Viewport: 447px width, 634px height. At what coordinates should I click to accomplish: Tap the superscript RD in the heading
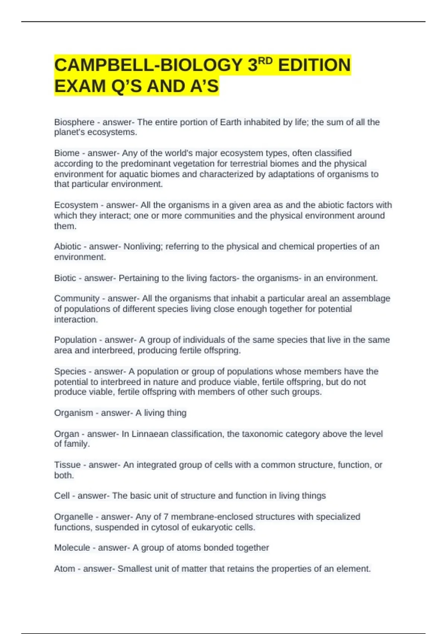(265, 61)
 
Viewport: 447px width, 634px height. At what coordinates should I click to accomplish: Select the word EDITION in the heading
(314, 65)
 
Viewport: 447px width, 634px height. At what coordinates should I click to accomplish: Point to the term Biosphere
(74, 122)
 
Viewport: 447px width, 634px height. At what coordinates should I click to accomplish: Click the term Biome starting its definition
(67, 153)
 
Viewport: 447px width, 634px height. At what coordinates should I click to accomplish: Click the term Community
(77, 298)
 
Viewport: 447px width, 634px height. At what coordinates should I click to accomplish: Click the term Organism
(73, 413)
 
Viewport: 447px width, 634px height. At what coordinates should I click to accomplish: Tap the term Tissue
(67, 465)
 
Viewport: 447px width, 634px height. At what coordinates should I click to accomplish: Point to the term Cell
(62, 496)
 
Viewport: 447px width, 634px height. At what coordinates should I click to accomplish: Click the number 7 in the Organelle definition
(166, 517)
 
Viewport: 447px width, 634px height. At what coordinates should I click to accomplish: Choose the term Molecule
(72, 547)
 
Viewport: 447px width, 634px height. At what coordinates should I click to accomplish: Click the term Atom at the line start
(64, 569)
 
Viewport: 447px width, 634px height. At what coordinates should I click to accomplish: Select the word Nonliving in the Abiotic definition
(142, 247)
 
